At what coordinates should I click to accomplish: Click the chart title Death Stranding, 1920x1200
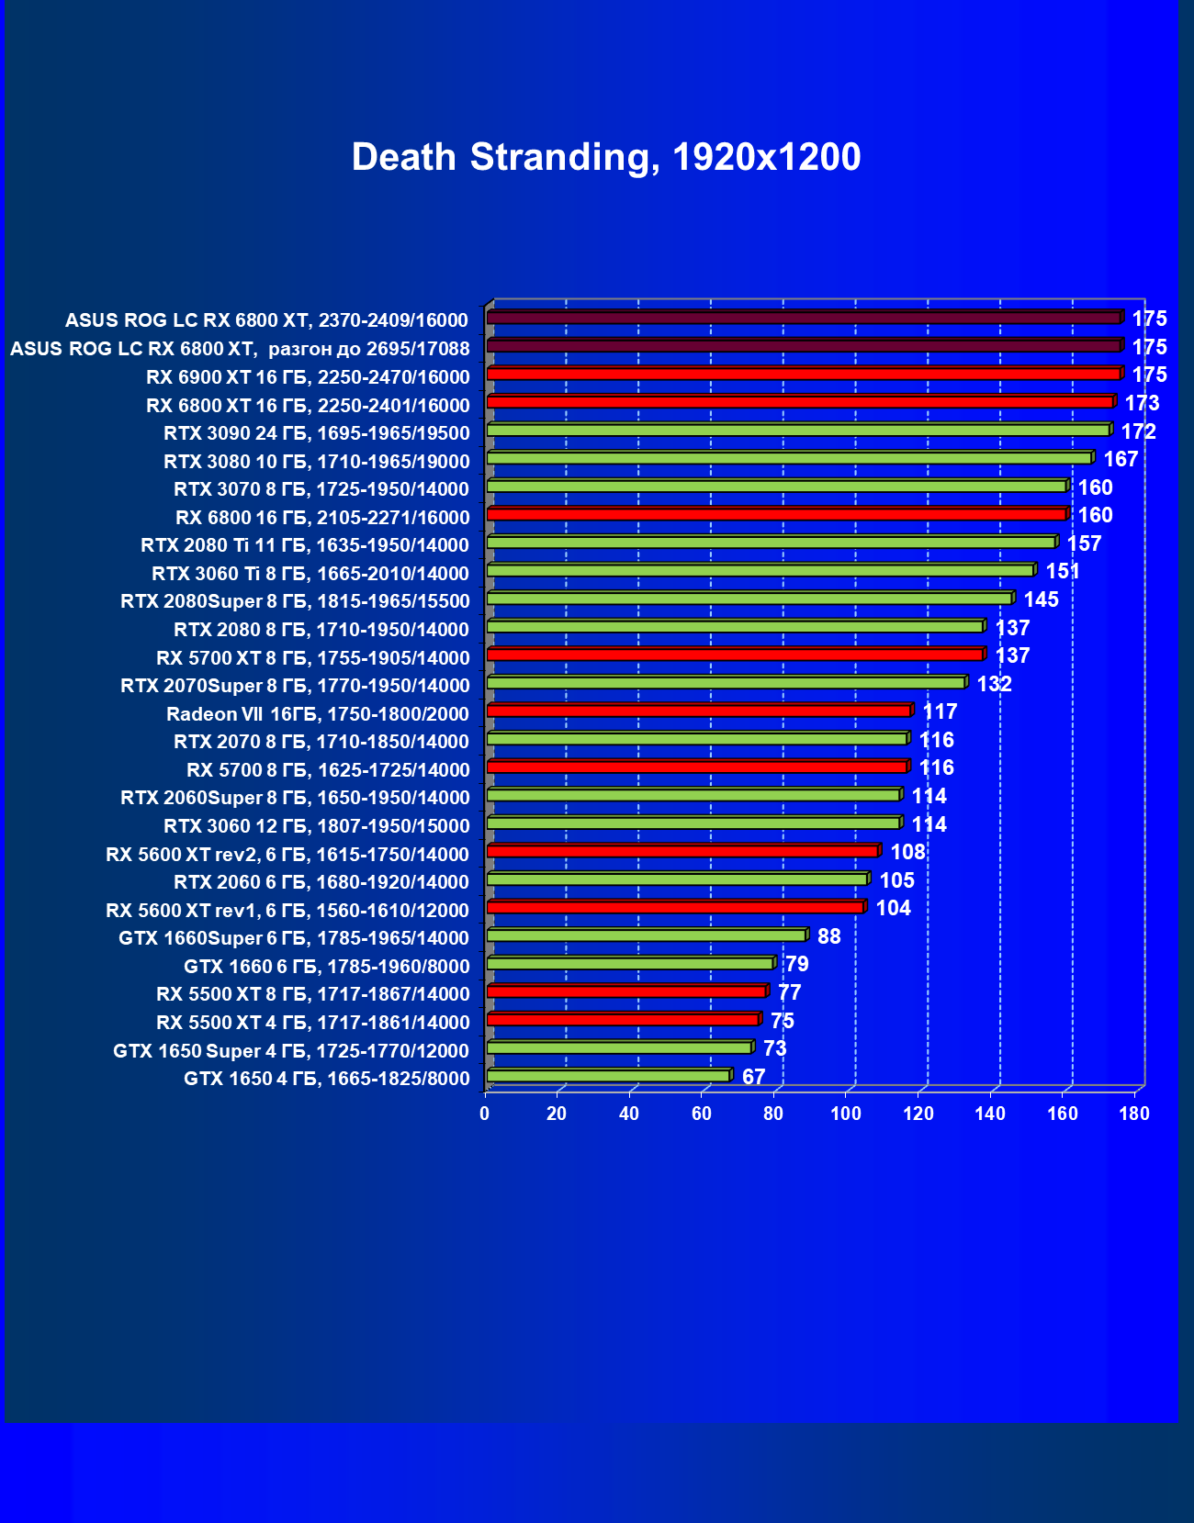[606, 157]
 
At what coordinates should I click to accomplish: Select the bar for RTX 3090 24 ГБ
[798, 430]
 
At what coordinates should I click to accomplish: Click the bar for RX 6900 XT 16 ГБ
[804, 374]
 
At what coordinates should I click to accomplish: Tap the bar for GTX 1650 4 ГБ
[608, 1075]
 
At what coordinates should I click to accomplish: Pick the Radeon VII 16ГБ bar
[698, 711]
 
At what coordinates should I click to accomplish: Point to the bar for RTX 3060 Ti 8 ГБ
[760, 570]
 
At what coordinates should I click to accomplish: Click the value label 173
[1142, 403]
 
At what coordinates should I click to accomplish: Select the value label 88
[828, 936]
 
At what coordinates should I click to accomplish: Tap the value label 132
[994, 684]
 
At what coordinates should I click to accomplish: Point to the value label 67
[753, 1077]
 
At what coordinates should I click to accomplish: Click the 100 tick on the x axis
[846, 1114]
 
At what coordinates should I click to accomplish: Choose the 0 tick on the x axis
[485, 1114]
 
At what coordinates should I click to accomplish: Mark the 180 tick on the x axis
[1134, 1114]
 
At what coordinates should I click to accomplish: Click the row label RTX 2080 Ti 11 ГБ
[305, 545]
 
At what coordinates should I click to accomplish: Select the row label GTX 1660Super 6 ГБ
[294, 938]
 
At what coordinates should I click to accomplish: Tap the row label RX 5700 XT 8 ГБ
[313, 658]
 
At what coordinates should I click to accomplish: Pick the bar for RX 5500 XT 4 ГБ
[623, 1019]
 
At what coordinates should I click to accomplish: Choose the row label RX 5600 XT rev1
[287, 911]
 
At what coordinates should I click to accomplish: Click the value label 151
[1063, 571]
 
